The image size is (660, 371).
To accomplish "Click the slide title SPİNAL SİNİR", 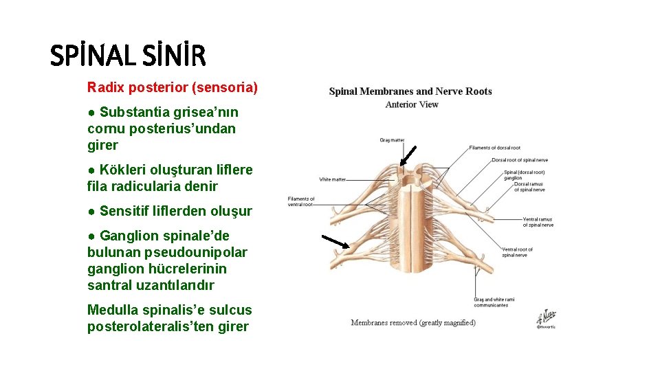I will (x=128, y=56).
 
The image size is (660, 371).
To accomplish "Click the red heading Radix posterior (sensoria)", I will (x=172, y=87).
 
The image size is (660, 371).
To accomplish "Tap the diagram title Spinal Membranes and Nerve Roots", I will (x=410, y=91).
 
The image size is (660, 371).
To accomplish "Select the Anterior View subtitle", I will (x=412, y=104).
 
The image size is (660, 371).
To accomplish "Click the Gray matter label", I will (x=392, y=140).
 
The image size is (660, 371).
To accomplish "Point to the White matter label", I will (x=333, y=179).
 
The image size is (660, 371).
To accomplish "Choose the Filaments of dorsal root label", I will (x=494, y=148).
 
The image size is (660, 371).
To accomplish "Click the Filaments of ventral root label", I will (x=300, y=201).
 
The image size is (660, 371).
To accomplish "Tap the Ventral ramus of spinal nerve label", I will (x=538, y=222).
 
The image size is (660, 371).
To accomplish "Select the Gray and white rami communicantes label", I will (x=494, y=302).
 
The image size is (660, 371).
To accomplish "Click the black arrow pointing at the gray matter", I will (x=408, y=155).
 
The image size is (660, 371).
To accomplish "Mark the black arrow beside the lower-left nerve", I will (x=335, y=240).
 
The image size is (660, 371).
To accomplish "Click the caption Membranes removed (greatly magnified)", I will (x=413, y=322).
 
